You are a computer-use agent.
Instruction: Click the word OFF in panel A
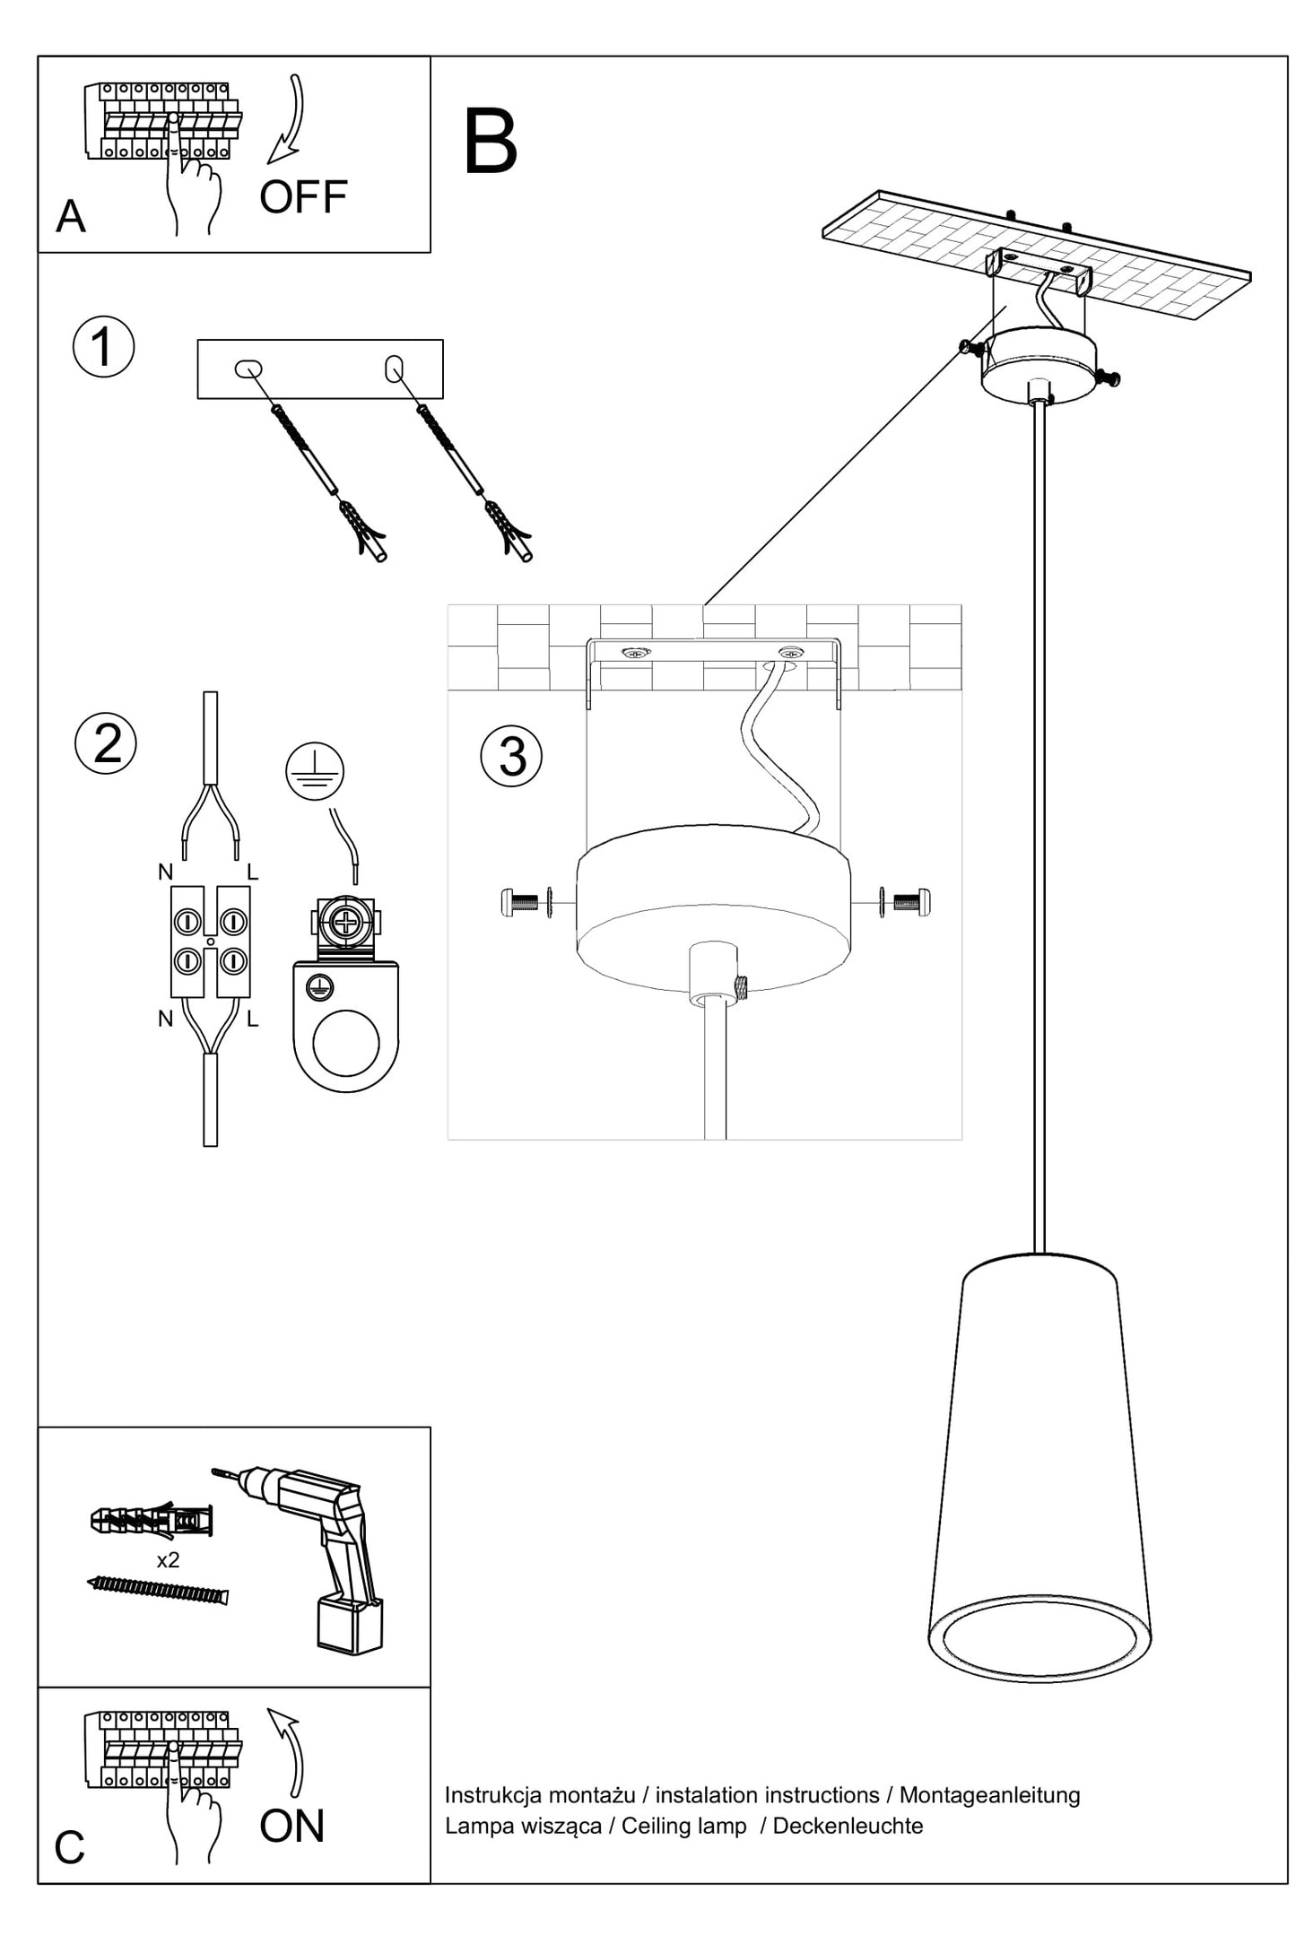point(303,197)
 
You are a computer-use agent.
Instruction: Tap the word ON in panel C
point(291,1827)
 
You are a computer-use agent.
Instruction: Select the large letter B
point(491,143)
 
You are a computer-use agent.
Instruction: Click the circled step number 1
point(103,347)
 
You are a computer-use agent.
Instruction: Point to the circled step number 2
point(106,743)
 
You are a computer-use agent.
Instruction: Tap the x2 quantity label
point(168,1560)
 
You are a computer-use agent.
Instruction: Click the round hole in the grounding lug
point(345,1043)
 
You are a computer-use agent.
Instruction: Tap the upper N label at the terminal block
point(165,871)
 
